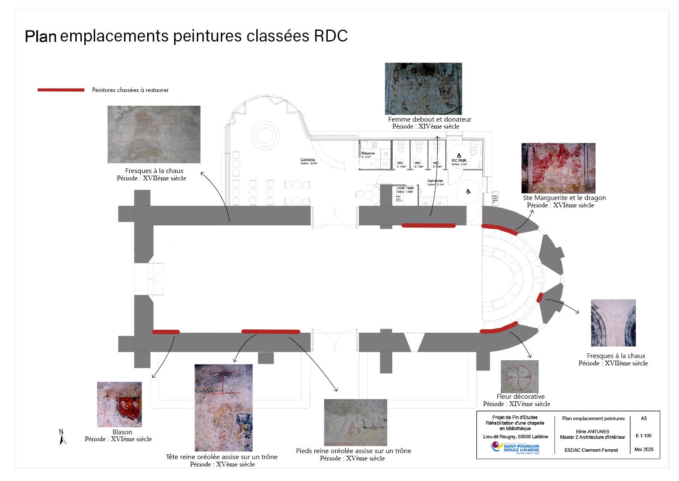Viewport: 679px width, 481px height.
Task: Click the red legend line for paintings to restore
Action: [61, 90]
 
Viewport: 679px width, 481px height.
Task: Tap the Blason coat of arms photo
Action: [119, 404]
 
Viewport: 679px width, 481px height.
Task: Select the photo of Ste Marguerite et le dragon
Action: [558, 168]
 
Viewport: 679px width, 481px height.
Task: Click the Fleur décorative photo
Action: [519, 376]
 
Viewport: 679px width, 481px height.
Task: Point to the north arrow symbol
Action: [62, 437]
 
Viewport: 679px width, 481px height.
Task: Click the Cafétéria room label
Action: [308, 160]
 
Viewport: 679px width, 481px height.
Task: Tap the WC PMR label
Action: [459, 161]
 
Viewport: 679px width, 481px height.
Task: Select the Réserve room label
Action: [368, 153]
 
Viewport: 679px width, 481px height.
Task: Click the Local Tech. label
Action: [405, 188]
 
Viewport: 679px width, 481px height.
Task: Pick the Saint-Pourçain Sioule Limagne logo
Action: [515, 448]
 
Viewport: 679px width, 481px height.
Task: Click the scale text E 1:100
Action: [643, 436]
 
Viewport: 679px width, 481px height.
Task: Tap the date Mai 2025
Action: [644, 449]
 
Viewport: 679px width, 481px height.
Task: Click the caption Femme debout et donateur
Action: [430, 120]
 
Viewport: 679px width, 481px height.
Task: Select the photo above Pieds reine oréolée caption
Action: [355, 422]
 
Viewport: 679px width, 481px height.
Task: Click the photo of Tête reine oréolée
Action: [223, 407]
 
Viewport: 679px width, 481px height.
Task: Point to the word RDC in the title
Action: [331, 36]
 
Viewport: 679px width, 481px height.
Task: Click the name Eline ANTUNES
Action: [592, 431]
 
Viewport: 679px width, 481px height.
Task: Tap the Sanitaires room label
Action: [435, 181]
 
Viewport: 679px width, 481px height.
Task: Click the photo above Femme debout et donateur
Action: [423, 89]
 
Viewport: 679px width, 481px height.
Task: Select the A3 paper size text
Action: [643, 418]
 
